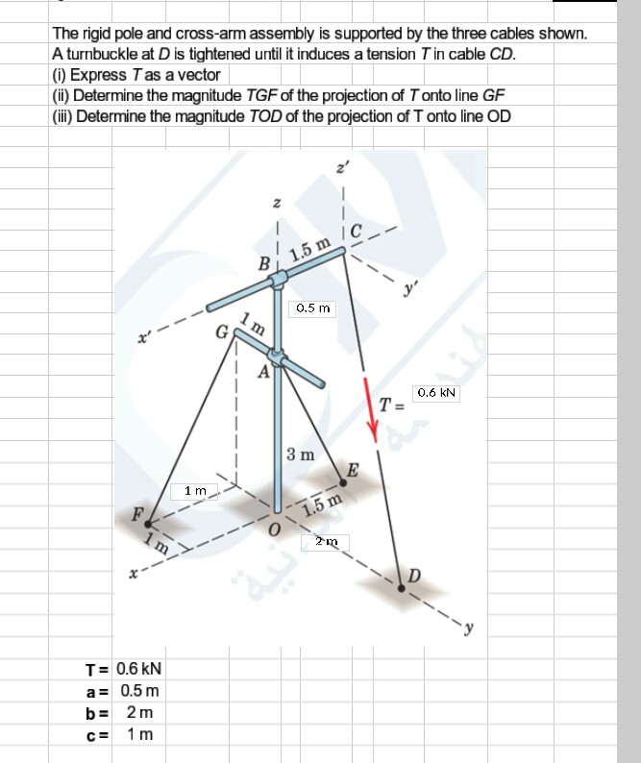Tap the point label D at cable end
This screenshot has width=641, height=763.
pyautogui.click(x=415, y=576)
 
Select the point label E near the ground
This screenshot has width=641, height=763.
pyautogui.click(x=353, y=470)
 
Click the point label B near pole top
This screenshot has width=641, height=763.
pyautogui.click(x=262, y=262)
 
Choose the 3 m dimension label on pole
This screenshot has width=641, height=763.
pyautogui.click(x=300, y=453)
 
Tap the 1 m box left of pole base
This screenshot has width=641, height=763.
pyautogui.click(x=195, y=492)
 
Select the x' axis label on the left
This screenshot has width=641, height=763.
pyautogui.click(x=144, y=337)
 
